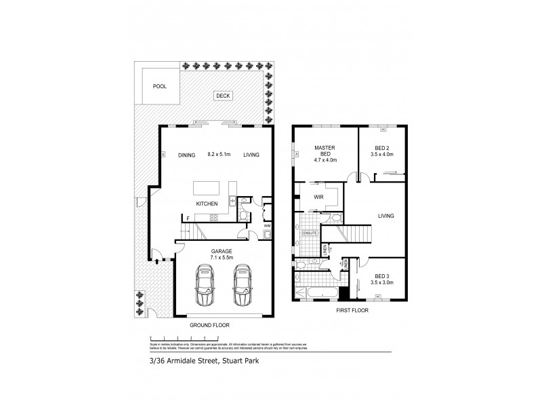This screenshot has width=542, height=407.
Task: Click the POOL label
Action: coord(159,87)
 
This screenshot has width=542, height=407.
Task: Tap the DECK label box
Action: coord(223,96)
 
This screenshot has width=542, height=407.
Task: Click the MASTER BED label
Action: coord(320,152)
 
